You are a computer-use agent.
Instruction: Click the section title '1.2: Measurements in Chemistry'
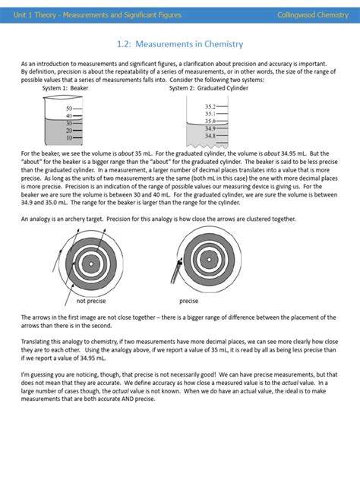pos(179,44)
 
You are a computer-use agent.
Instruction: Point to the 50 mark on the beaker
pos(68,109)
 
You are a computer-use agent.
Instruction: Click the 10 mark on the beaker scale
pos(68,137)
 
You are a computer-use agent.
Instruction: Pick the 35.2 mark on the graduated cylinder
pos(210,107)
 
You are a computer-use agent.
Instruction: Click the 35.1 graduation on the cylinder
pos(210,114)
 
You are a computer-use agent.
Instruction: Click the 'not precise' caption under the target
pos(91,302)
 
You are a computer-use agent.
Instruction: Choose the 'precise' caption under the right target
pos(188,302)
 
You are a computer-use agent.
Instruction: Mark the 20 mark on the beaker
pos(68,130)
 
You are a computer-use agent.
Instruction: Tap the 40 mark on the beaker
pos(68,115)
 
